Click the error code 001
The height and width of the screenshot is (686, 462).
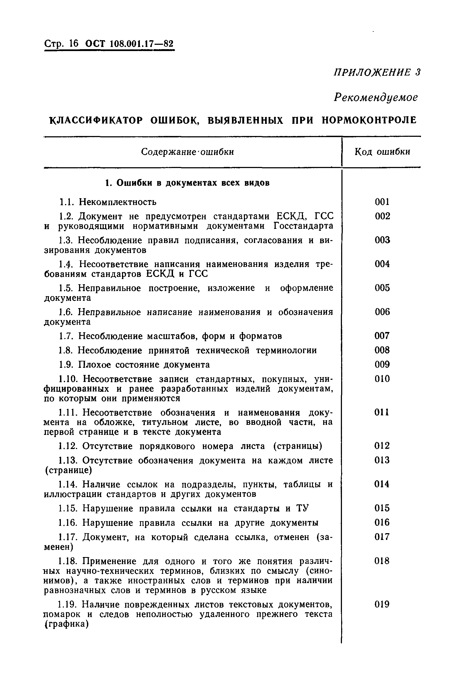(x=382, y=202)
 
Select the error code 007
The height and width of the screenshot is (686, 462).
(x=382, y=336)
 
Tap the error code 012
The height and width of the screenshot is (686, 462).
(x=382, y=446)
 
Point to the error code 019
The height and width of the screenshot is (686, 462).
(x=382, y=605)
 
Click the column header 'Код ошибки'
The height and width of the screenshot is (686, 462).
(x=382, y=152)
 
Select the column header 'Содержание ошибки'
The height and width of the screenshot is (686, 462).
(x=187, y=152)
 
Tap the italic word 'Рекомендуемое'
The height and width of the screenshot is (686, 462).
(x=375, y=97)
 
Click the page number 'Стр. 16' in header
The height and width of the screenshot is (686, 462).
(x=61, y=44)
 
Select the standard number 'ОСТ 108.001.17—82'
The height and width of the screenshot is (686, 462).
(x=129, y=44)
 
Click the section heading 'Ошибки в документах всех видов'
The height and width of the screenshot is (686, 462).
(x=193, y=183)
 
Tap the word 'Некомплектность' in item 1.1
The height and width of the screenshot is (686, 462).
(x=118, y=202)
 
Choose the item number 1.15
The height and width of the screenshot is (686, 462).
(x=67, y=508)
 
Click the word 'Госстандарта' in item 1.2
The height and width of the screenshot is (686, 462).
(x=303, y=226)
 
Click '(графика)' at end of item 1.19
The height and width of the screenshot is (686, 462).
(x=66, y=624)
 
